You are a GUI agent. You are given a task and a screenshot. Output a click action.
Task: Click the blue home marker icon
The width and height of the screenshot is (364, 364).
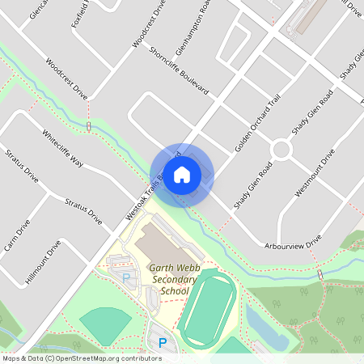coord(182,174)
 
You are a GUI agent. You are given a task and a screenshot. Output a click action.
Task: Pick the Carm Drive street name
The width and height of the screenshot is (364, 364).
coord(17,234)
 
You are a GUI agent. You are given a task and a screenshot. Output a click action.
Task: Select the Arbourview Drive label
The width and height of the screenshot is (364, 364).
coord(293,242)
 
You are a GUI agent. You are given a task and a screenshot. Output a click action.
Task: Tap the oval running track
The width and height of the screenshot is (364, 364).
coord(210,307)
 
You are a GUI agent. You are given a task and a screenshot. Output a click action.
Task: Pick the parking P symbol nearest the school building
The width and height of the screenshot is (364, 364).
coord(125,277)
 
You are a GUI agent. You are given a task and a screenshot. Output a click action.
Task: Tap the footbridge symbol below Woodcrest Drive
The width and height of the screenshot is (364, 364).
coord(87,126)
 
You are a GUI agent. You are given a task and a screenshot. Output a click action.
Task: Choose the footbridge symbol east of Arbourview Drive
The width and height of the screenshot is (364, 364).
coord(320,274)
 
